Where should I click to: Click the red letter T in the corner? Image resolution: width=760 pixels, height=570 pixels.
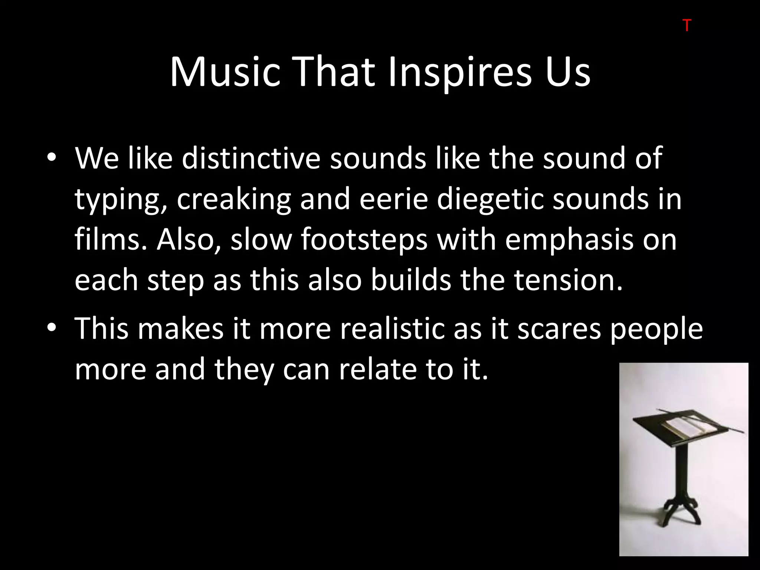[x=687, y=26]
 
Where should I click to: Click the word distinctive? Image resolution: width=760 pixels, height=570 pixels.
[x=251, y=158]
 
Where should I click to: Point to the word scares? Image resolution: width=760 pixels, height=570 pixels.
[x=559, y=329]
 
